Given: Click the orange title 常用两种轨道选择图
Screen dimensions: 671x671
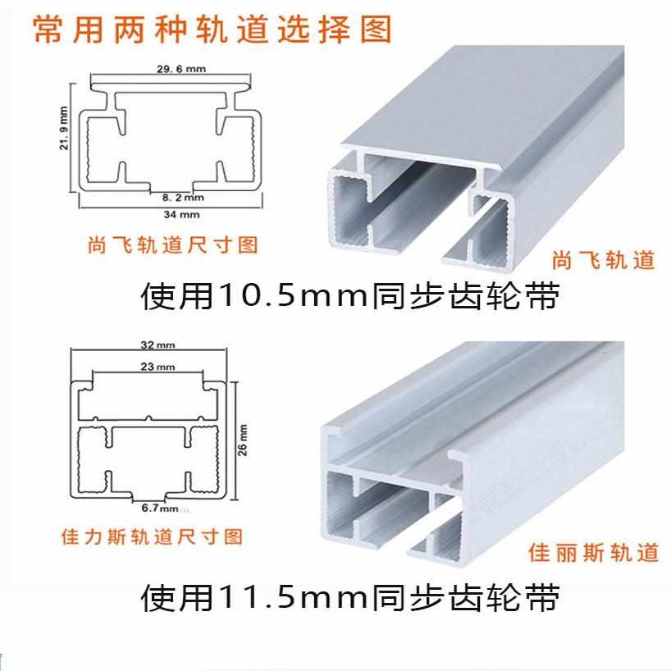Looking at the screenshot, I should click(x=212, y=30).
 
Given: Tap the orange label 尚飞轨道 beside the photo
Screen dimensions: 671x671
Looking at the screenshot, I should click(x=604, y=260).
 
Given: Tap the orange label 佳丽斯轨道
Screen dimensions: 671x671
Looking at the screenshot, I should click(x=594, y=553).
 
